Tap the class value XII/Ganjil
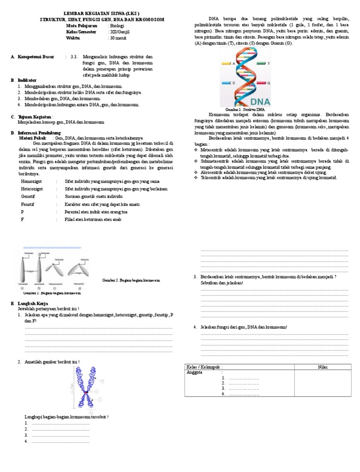tap(120, 31)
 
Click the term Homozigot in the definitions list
tap(32, 181)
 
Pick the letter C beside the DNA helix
tap(234, 83)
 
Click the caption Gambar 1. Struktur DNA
tap(245, 109)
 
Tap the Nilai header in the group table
tap(322, 366)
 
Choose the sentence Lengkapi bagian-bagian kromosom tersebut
tap(66, 417)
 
